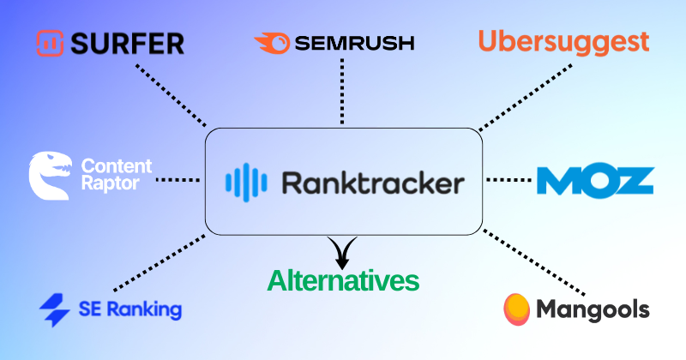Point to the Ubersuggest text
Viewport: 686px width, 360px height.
click(x=563, y=40)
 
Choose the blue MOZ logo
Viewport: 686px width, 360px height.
click(x=595, y=180)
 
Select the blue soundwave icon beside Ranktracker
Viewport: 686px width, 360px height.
click(x=241, y=183)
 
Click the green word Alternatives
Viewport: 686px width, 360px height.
click(x=343, y=280)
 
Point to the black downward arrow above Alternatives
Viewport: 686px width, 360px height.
click(x=343, y=252)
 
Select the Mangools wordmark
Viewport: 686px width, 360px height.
click(x=592, y=309)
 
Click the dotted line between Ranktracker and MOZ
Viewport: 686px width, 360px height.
click(x=509, y=180)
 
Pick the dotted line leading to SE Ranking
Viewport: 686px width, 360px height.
click(x=159, y=261)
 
